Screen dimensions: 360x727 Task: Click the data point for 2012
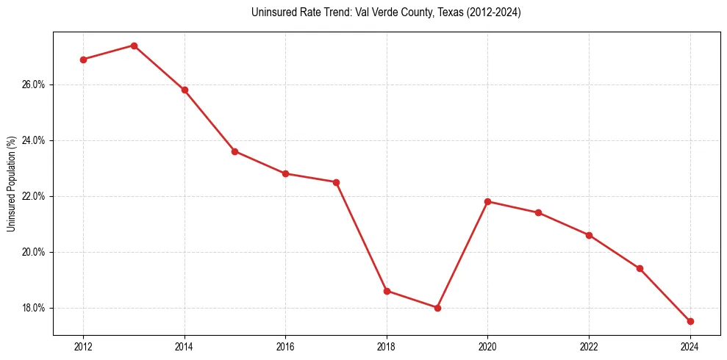tap(83, 60)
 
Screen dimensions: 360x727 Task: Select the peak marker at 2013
tap(134, 46)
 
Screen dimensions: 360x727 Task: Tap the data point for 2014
tap(185, 90)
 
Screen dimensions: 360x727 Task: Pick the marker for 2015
tap(234, 151)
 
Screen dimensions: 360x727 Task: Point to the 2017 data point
tap(336, 182)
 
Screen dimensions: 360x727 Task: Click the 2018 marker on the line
tap(387, 291)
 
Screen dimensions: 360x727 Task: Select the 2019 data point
tap(437, 308)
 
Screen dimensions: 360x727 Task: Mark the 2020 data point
tap(488, 201)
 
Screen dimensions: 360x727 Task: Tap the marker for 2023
tap(640, 268)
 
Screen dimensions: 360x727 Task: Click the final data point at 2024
tap(690, 321)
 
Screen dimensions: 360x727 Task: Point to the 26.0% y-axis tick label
tap(33, 84)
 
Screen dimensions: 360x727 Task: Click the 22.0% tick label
tap(33, 196)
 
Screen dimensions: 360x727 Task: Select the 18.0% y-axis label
tap(33, 308)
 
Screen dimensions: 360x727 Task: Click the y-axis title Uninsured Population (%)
tap(11, 184)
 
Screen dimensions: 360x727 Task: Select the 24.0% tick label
tap(33, 140)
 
